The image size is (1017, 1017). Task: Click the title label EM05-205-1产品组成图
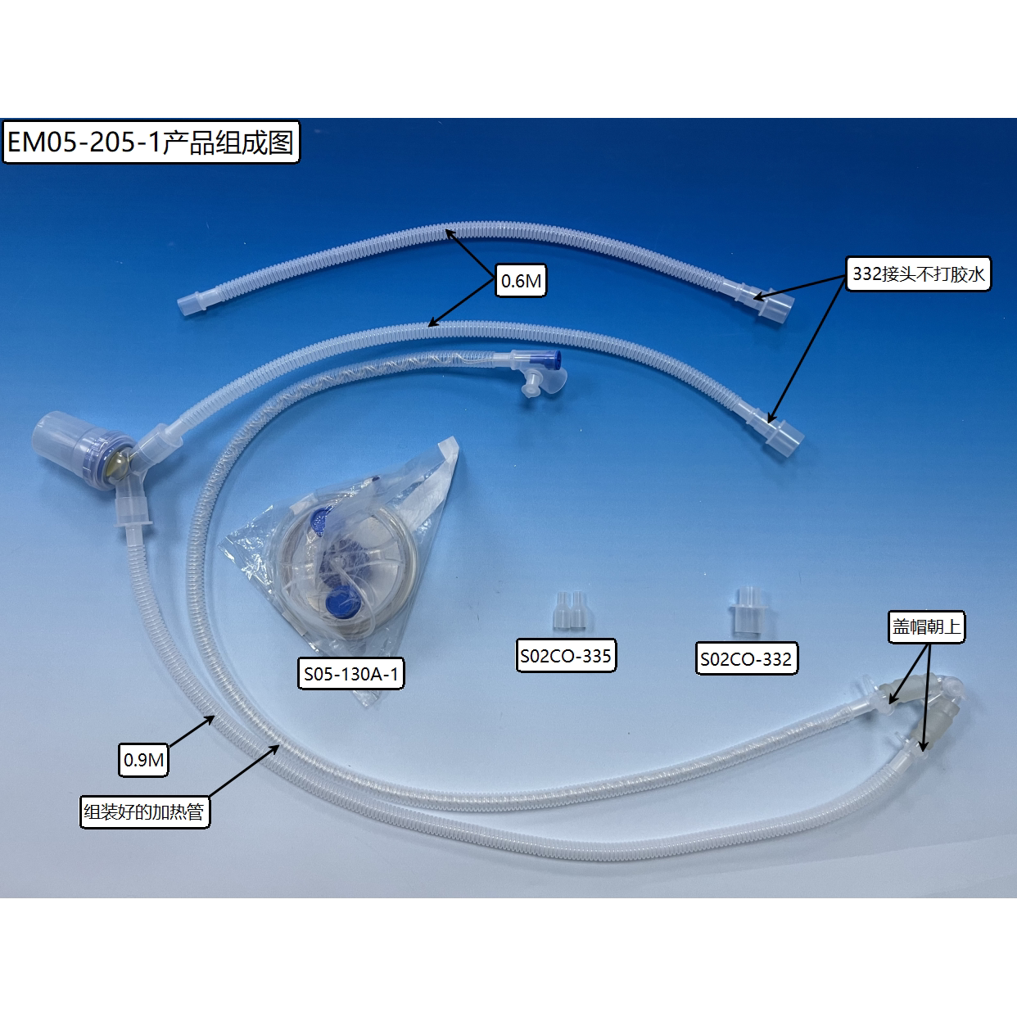(151, 142)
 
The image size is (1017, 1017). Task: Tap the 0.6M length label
(521, 280)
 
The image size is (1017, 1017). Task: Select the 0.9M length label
(143, 760)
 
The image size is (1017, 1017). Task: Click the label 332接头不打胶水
(918, 274)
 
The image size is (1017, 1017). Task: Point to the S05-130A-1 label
(351, 673)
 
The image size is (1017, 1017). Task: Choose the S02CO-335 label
(566, 656)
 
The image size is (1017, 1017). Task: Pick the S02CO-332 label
(746, 658)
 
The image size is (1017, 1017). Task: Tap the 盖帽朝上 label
(926, 627)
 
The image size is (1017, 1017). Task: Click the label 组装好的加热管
(144, 811)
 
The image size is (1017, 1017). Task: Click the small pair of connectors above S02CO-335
(572, 610)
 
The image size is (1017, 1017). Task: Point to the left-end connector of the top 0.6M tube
(192, 305)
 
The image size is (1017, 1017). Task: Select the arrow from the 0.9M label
(191, 731)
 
